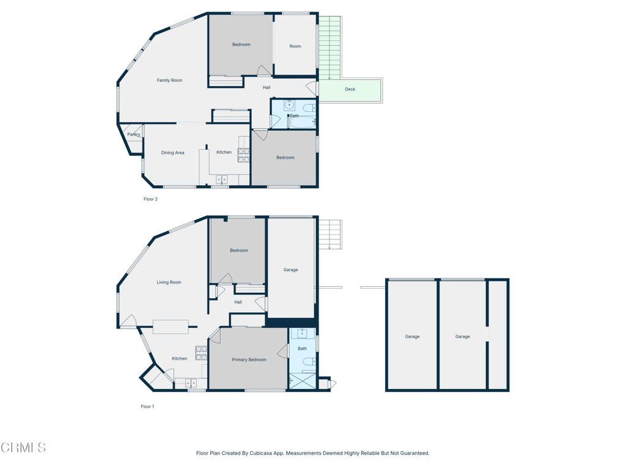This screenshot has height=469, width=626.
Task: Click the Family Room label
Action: click(x=169, y=80)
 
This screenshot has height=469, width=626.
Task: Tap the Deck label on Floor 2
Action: click(x=350, y=89)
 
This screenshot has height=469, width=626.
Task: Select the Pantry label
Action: click(x=133, y=134)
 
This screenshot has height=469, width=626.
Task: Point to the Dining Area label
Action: click(x=172, y=153)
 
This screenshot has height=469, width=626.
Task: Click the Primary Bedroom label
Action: click(x=249, y=360)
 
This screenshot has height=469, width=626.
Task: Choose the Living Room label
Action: click(x=169, y=282)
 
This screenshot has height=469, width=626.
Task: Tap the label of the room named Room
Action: click(x=295, y=46)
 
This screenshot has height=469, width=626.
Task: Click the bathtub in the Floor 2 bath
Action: click(x=301, y=123)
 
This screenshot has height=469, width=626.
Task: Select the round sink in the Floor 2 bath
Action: click(x=289, y=105)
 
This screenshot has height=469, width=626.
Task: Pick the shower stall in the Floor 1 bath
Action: click(x=302, y=381)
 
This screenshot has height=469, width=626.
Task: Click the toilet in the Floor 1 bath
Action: click(x=309, y=362)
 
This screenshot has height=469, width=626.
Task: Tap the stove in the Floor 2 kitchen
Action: click(x=243, y=155)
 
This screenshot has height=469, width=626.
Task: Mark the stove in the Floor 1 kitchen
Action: click(x=201, y=353)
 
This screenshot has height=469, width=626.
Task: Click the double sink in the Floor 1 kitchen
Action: click(x=191, y=384)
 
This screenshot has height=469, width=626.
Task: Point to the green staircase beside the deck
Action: click(x=330, y=46)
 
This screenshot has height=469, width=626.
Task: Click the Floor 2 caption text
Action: click(x=150, y=199)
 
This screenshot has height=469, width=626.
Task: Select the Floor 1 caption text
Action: click(x=147, y=406)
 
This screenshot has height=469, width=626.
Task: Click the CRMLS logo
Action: click(x=23, y=448)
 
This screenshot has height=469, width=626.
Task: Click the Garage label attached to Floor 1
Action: click(x=290, y=269)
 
